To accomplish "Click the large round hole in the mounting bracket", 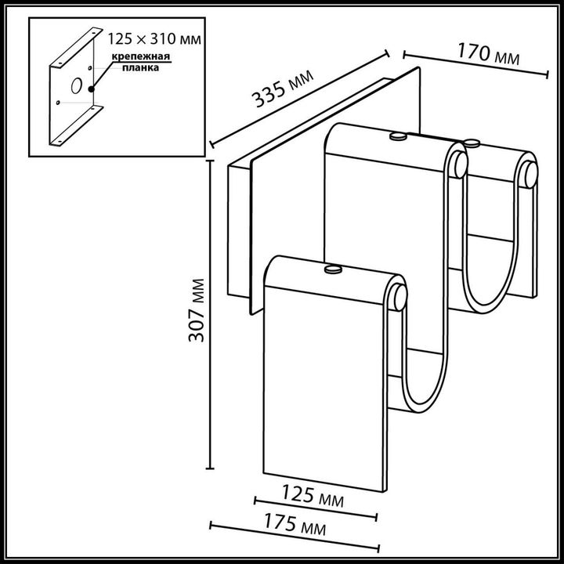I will click(x=77, y=87).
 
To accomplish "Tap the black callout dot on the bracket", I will click(x=92, y=88).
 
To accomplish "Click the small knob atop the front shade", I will click(x=334, y=270).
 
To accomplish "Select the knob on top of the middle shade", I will click(x=397, y=137).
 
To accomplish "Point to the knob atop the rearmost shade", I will click(x=472, y=143).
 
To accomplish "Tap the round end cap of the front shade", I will click(x=400, y=298).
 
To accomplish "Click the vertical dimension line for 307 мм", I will click(x=211, y=313).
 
